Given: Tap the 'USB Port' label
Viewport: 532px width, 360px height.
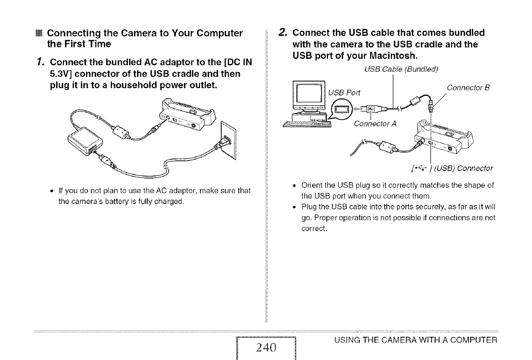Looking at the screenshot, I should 345,92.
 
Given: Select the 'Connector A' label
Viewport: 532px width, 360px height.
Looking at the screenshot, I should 375,124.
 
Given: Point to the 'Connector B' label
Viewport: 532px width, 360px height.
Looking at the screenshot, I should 468,87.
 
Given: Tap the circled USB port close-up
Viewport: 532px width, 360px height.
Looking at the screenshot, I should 342,109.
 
